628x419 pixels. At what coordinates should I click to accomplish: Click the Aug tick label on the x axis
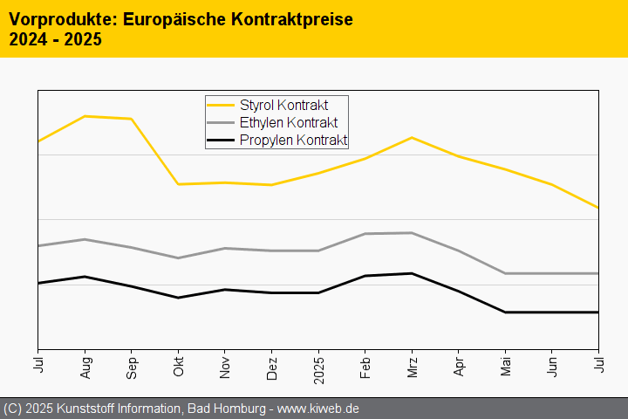(85, 366)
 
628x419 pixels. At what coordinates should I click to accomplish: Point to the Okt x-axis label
(179, 366)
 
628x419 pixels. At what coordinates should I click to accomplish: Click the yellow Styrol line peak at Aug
(85, 116)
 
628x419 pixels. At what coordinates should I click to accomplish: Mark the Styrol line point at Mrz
(412, 138)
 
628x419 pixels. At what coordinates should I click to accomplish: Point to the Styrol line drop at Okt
(179, 184)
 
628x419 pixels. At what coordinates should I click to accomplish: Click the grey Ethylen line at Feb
(365, 234)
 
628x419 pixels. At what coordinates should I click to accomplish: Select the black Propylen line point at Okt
(179, 298)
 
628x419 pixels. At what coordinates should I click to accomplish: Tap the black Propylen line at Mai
(505, 312)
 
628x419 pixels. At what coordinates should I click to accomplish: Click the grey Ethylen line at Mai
(505, 273)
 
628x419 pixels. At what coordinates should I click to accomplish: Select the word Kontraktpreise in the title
(287, 18)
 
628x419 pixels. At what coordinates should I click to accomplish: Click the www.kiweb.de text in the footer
(318, 409)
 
